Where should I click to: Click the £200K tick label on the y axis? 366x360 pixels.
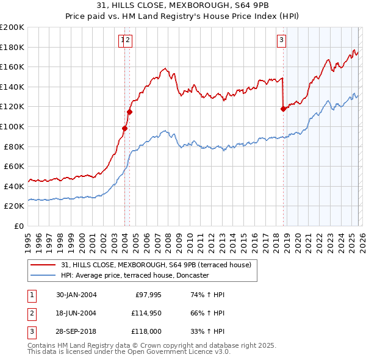[x=12, y=27]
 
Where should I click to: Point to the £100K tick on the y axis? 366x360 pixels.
[x=12, y=127]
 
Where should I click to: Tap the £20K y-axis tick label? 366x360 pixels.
[x=14, y=206]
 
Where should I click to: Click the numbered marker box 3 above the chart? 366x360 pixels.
[x=281, y=41]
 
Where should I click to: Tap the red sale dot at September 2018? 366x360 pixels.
[x=283, y=109]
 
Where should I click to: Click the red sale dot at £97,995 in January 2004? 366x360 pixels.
[x=124, y=128]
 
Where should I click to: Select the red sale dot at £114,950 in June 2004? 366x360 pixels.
[x=129, y=112]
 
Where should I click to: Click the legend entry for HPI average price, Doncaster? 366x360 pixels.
[x=134, y=275]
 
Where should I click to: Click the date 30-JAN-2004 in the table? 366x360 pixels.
[x=76, y=295]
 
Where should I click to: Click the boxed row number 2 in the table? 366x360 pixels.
[x=32, y=313]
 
